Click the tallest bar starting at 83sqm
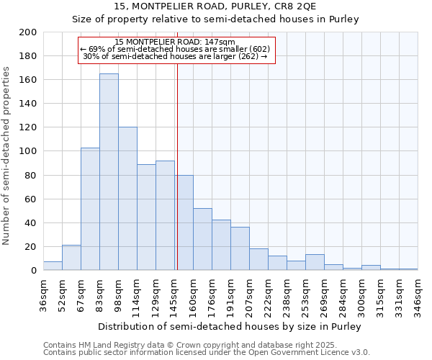pos(109,172)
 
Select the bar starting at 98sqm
pos(127,199)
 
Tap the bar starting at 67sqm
pos(90,209)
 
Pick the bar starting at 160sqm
pos(202,239)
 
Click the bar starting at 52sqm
pos(71,258)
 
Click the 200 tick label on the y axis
pos(29,32)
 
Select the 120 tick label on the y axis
pos(29,127)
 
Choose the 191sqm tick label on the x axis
pos(230,294)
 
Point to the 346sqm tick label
pos(418,294)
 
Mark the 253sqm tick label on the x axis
pos(305,294)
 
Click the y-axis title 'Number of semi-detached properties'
pos(7,156)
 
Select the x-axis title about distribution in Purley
pos(230,326)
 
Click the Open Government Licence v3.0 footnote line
pos(207,353)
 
